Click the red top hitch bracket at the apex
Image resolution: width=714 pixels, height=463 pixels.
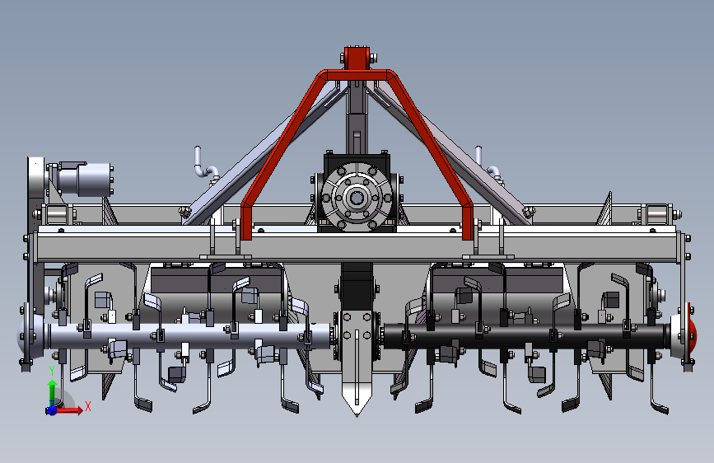(x=357, y=58)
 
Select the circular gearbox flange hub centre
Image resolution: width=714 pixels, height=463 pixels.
(x=356, y=198)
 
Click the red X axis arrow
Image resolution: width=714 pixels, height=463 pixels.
(x=69, y=410)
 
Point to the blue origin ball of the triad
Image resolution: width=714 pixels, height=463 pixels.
(x=52, y=410)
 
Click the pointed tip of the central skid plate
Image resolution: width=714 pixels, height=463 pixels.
(x=357, y=414)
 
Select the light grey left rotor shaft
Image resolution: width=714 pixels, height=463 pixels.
(x=187, y=337)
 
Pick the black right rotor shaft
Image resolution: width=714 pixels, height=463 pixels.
(x=526, y=336)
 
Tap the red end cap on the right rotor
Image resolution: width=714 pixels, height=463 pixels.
(x=692, y=332)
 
